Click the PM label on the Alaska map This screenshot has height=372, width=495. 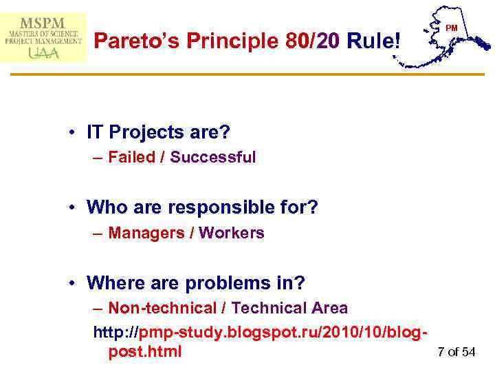[x=452, y=28]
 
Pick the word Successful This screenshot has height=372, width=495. [x=213, y=157]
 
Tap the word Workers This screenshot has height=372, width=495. [x=232, y=233]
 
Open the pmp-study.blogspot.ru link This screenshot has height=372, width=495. [x=261, y=333]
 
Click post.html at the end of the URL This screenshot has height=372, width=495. [x=145, y=351]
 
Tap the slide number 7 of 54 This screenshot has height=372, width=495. [x=456, y=352]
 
